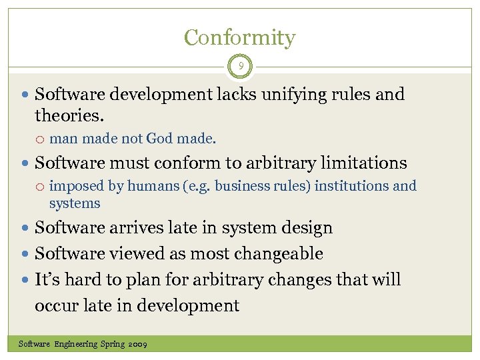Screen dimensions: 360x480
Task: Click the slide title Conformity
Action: [239, 37]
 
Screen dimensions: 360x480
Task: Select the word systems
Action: [75, 204]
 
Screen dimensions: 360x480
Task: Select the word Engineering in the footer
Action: [76, 345]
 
